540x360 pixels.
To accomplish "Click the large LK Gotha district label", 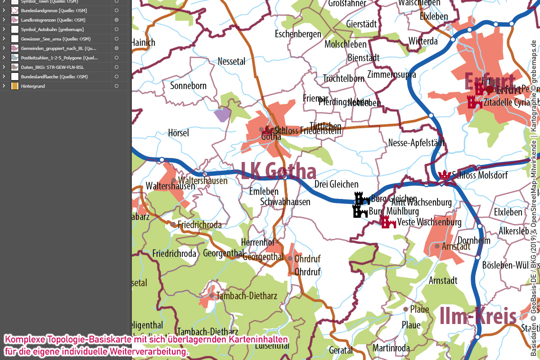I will [x=279, y=171].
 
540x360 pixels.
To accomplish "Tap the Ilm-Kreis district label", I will [x=478, y=316].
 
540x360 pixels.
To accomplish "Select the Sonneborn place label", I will [x=188, y=85].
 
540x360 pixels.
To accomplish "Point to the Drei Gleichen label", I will [x=336, y=184].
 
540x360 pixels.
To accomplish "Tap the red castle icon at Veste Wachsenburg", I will [x=388, y=222].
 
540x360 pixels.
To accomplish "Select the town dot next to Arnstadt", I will [x=436, y=246].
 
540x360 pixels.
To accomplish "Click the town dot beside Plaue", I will [x=405, y=309].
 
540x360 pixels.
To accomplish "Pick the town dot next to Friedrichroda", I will [x=173, y=224].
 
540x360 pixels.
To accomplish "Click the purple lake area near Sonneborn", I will [x=222, y=115].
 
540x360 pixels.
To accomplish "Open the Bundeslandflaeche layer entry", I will [x=54, y=76].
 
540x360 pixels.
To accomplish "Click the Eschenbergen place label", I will [x=298, y=34].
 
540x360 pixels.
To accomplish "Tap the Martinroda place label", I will [x=391, y=348].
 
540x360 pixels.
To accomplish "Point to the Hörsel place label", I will [x=178, y=133].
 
